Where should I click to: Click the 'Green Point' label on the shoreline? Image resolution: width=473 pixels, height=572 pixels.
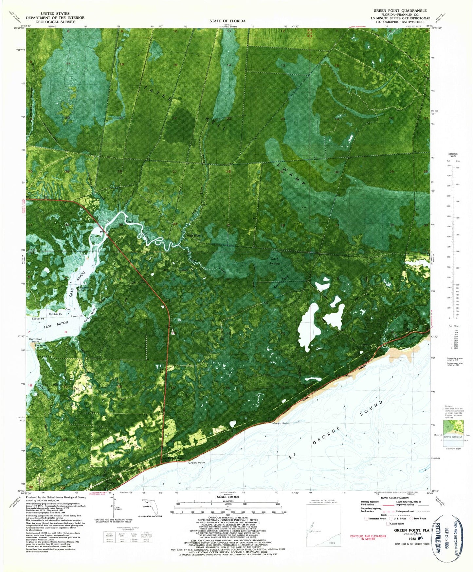[x=197, y=463]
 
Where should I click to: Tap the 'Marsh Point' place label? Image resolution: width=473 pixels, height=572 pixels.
[x=281, y=423]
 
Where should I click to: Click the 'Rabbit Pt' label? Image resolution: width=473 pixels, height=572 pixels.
[x=55, y=314]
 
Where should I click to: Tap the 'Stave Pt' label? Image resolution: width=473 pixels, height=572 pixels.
[x=38, y=319]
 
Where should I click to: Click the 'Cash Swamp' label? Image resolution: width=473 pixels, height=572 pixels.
[x=275, y=261]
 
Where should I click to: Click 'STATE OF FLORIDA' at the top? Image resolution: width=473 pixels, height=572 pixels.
[x=227, y=21]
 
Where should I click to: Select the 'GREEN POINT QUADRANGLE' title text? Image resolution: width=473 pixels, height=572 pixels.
[x=400, y=11]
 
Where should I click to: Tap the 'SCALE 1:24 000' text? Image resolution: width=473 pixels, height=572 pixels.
[x=227, y=497]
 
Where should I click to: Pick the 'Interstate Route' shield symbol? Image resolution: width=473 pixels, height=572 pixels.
[x=367, y=518]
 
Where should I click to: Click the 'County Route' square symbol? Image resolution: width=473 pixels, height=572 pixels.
[x=388, y=524]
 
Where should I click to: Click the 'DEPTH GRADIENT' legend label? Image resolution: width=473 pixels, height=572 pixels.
[x=453, y=437]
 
